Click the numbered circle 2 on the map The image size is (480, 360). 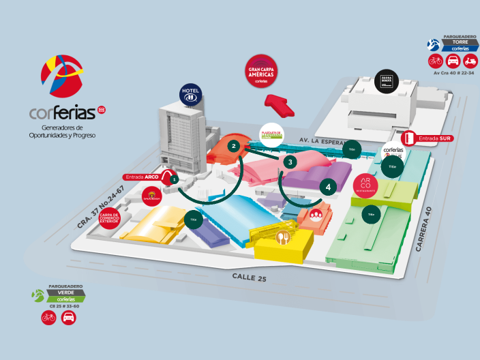233,146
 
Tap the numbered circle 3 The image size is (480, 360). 291,162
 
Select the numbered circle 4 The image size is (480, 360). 329,186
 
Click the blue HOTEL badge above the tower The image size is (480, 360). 190,95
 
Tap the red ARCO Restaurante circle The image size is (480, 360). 365,184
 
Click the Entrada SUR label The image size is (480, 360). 436,138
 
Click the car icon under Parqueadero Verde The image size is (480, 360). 69,317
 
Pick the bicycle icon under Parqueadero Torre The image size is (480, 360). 436,61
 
